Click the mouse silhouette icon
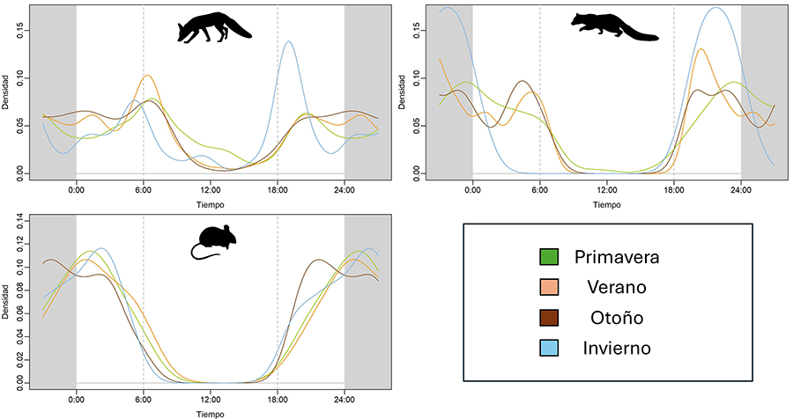coord(211,242)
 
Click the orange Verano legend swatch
coord(549,287)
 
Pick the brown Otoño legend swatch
coord(549,317)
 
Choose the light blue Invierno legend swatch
coord(549,348)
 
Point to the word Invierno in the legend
coord(618,348)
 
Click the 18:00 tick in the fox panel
coord(277,188)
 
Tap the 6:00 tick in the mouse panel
coord(143,398)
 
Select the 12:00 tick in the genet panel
coord(606,188)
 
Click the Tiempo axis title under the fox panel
coord(210,203)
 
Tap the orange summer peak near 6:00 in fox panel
coord(147,76)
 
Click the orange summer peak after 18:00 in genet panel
coord(700,49)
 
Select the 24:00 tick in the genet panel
coord(740,188)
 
